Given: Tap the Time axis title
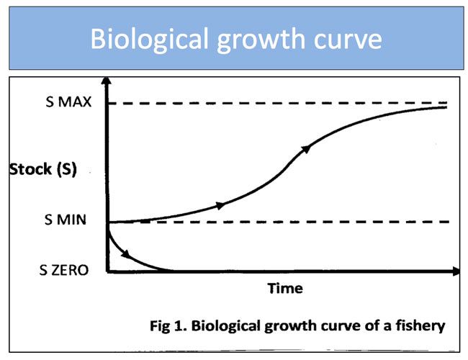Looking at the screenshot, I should coord(285,289).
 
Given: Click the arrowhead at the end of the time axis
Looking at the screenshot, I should coord(455,271).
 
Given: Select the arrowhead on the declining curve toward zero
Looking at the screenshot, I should coord(127,254).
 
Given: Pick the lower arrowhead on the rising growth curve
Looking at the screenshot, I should coord(220,205).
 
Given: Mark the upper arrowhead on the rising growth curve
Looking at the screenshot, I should coord(306,148).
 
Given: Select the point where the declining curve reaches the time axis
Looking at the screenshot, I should coord(170,271).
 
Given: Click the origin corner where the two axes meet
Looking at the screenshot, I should coord(107,271).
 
